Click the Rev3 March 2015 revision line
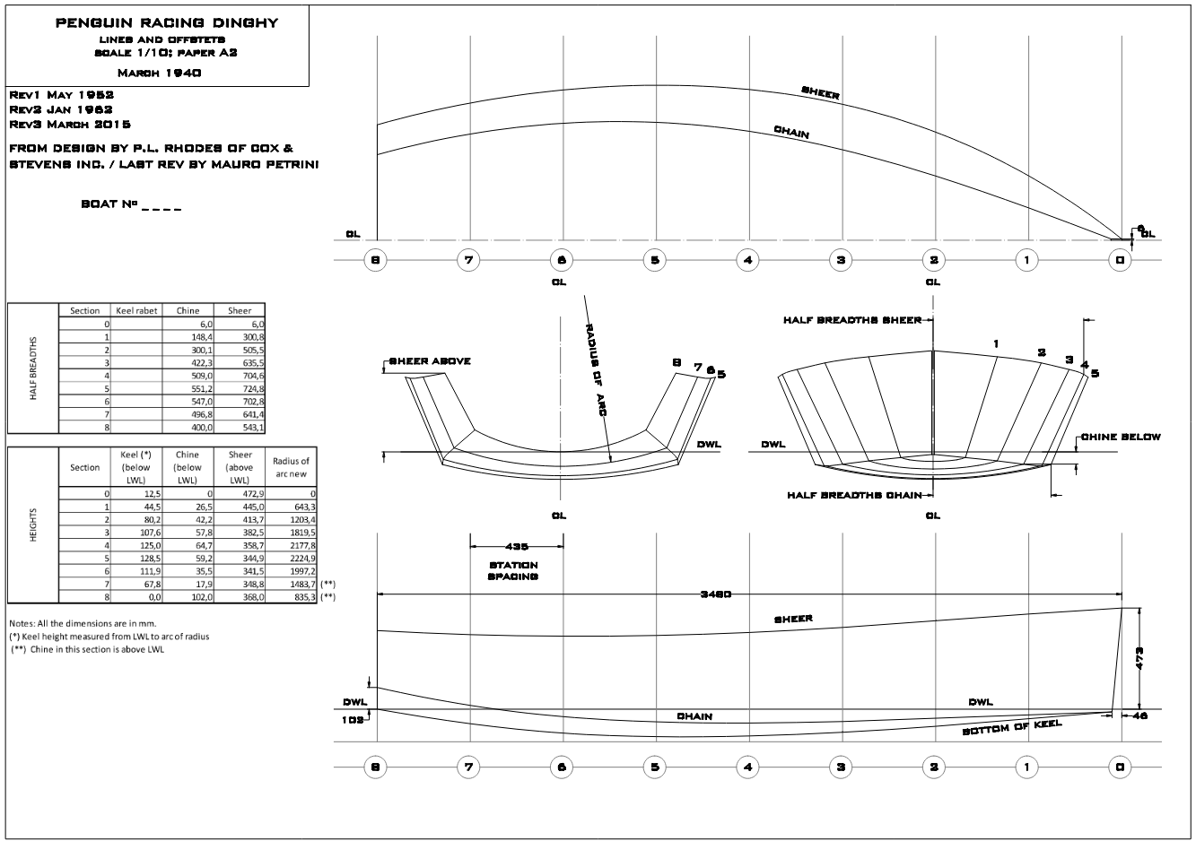click(69, 124)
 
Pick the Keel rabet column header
click(136, 310)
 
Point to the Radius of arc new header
click(291, 467)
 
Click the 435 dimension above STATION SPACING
click(516, 545)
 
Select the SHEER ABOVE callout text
click(430, 361)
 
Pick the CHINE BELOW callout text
click(1121, 437)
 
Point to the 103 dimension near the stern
click(353, 720)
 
